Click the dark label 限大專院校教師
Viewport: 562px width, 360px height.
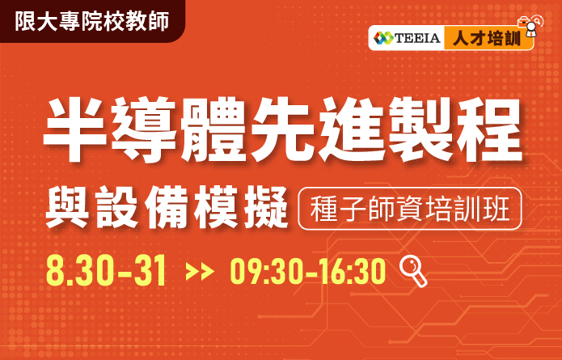coord(91,21)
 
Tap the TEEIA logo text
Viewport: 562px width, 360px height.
coord(417,38)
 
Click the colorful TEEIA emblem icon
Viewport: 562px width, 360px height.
coord(383,38)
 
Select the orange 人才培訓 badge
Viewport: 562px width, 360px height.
coord(488,38)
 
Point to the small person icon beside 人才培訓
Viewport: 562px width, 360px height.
coord(530,26)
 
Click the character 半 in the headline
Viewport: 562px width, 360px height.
coord(75,129)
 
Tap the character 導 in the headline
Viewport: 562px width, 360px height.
coord(143,129)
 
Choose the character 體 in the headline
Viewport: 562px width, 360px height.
coord(213,129)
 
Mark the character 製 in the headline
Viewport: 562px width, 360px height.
coord(420,129)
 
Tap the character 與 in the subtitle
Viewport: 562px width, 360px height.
coord(67,207)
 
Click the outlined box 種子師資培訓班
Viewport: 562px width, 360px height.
coord(410,209)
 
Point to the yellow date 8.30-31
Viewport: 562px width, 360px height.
coord(107,270)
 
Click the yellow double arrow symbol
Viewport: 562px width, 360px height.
coord(200,272)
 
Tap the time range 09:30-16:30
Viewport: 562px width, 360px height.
coord(307,271)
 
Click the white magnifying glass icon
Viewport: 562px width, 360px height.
coord(413,272)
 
